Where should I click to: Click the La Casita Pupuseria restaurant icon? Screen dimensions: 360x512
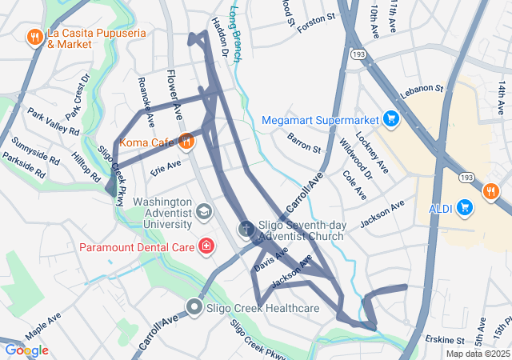pos(34,37)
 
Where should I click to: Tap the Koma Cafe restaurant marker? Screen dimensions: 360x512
pos(185,142)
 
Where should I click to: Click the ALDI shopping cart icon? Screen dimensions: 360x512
pos(465,209)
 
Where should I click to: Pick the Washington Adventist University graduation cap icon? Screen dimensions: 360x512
pos(205,212)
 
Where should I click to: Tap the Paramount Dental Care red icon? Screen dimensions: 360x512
pos(207,246)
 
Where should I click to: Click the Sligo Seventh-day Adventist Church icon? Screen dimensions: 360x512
pos(246,230)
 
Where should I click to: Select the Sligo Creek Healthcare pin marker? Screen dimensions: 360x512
pos(194,307)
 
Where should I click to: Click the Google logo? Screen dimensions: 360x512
pos(26,350)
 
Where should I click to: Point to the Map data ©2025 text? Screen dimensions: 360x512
pos(477,354)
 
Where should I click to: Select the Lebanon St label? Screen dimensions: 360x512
pos(422,88)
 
